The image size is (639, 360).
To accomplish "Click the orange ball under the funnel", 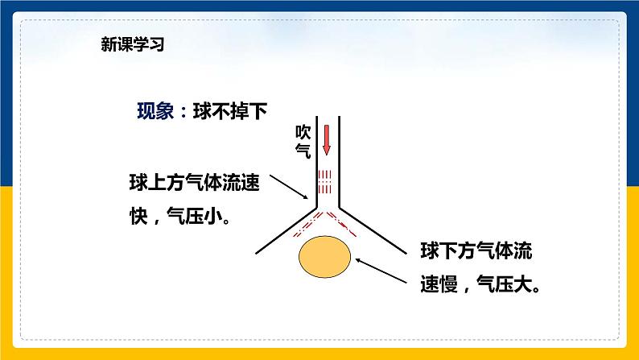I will pyautogui.click(x=325, y=256).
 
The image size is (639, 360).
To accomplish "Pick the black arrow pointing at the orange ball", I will pyautogui.click(x=379, y=271).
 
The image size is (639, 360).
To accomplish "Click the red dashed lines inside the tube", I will pyautogui.click(x=325, y=182).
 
